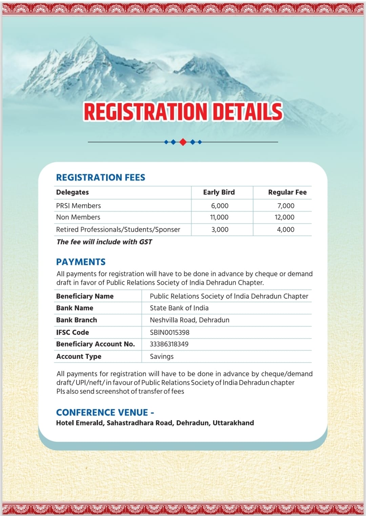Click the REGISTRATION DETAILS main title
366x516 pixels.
(x=183, y=112)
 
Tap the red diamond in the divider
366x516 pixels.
(x=183, y=142)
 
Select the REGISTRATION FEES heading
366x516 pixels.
(x=101, y=177)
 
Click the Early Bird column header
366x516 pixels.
(x=219, y=192)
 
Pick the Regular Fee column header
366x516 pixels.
(x=287, y=192)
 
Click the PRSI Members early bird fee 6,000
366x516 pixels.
(x=220, y=206)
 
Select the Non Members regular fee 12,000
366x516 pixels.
(x=285, y=217)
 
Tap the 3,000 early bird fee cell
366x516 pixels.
(x=220, y=230)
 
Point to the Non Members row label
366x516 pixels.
(x=78, y=217)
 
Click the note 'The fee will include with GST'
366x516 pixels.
(x=104, y=242)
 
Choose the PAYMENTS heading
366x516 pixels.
(x=81, y=262)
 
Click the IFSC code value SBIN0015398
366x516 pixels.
(x=169, y=333)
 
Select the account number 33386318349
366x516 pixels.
(x=169, y=344)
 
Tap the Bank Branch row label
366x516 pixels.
(x=77, y=320)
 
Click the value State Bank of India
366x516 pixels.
(x=179, y=308)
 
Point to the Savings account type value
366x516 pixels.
(x=162, y=357)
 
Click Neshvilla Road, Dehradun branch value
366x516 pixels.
(x=189, y=320)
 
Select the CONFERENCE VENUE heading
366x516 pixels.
(x=105, y=412)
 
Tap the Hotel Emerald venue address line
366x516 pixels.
(x=155, y=423)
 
